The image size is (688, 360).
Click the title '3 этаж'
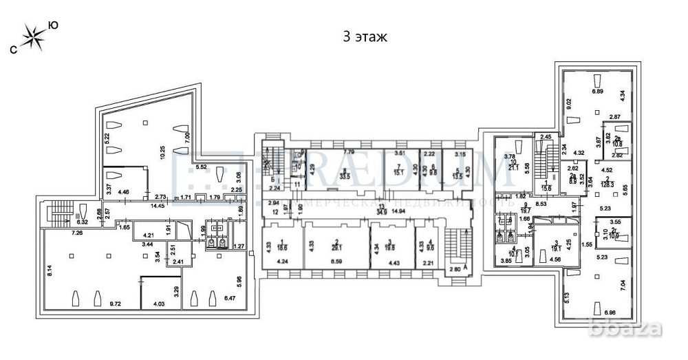point(365,36)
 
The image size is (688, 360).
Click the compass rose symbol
point(32,36)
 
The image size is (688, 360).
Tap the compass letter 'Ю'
point(53,25)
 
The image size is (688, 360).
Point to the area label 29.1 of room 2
point(336,246)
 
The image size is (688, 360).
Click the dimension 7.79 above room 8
point(348,151)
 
